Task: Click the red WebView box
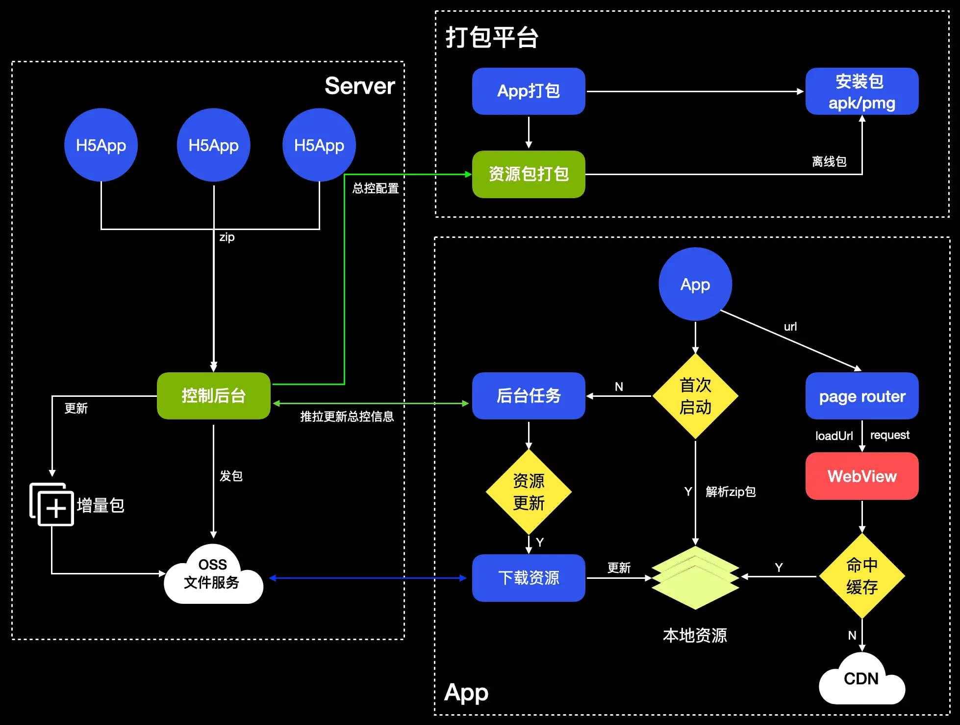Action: coord(861,476)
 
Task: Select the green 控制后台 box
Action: coord(213,395)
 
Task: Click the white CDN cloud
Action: coord(861,679)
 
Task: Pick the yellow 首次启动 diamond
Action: coord(695,396)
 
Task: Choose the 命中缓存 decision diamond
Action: coord(861,576)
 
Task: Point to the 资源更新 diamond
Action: coord(529,492)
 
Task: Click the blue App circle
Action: coord(695,284)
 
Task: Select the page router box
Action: coord(861,396)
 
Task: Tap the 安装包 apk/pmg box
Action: coord(861,91)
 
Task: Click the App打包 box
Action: coord(529,91)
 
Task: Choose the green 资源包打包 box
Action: coord(529,174)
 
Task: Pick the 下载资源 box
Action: coord(529,578)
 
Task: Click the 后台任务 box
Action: coord(529,395)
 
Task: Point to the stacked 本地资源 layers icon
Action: coord(695,577)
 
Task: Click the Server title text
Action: coord(359,86)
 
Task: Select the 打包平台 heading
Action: coord(492,37)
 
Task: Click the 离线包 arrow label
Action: coord(829,161)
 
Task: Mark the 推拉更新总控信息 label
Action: coord(347,416)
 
